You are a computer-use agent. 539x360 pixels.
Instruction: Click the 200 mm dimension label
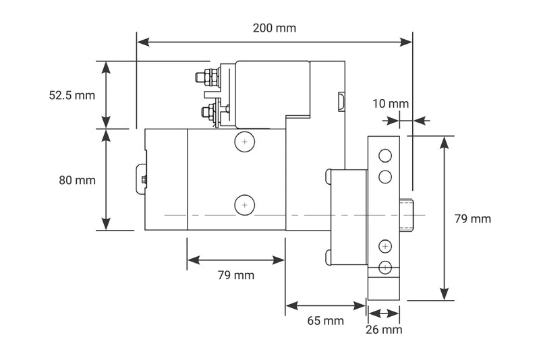[274, 28]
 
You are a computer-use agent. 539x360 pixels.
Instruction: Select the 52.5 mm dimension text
[72, 95]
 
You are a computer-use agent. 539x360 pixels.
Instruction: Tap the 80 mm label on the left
[76, 180]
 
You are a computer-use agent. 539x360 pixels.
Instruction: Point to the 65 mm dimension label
[325, 321]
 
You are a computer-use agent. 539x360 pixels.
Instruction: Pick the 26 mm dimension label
[383, 330]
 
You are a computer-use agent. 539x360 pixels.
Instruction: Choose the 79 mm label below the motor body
[235, 275]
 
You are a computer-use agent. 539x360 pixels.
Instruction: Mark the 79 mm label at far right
[472, 218]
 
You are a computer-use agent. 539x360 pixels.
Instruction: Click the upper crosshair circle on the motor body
[244, 142]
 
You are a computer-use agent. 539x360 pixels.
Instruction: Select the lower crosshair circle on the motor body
[244, 204]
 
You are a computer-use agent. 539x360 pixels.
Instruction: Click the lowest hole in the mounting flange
[385, 267]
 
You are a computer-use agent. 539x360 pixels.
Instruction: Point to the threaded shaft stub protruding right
[406, 214]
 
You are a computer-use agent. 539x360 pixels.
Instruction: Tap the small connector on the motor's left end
[142, 179]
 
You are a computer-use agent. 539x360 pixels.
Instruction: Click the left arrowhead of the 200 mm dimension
[142, 42]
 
